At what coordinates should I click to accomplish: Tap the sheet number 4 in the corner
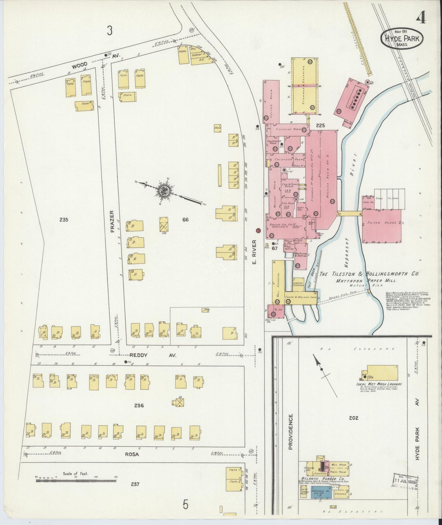point(421,18)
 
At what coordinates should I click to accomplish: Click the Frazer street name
point(112,221)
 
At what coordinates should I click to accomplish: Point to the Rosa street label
point(132,455)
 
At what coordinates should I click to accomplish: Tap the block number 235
point(64,220)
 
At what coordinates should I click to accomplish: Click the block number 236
point(139,406)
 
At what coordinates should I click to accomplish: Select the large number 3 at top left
point(110,30)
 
